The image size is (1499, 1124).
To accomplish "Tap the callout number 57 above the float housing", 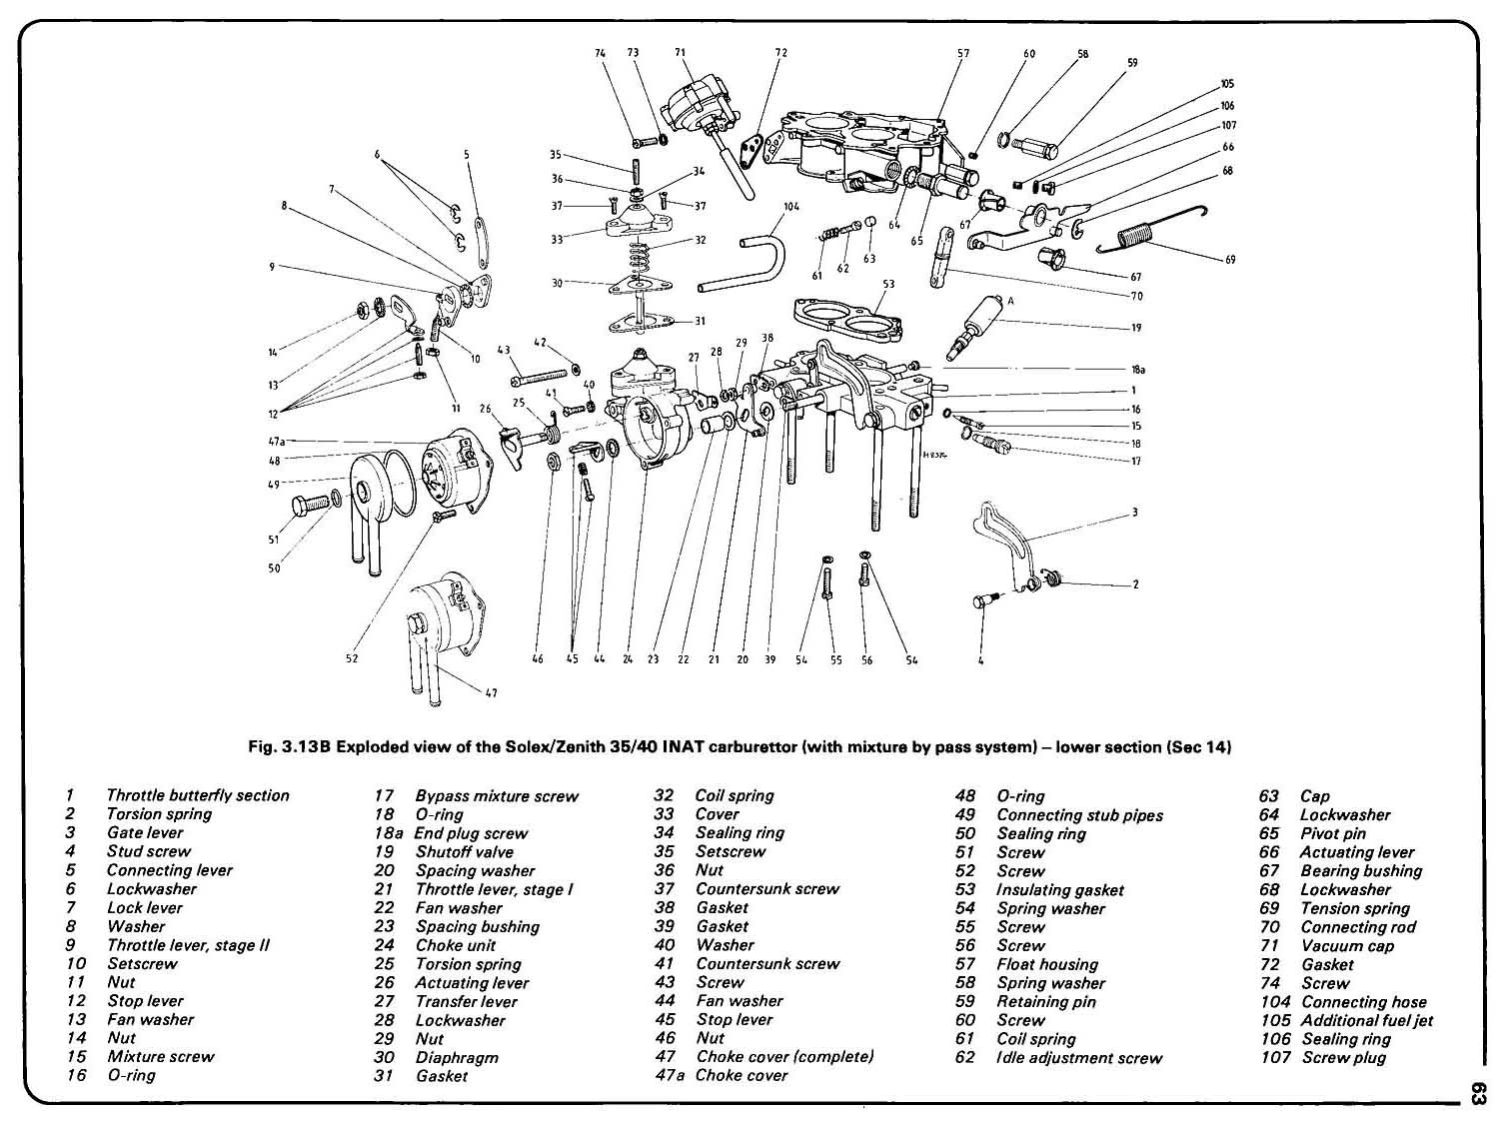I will coord(963,53).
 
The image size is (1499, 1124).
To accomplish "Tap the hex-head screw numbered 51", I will coord(306,506).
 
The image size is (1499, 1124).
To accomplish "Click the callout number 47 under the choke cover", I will coord(491,692).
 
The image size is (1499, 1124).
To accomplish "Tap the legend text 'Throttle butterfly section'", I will coord(198,795).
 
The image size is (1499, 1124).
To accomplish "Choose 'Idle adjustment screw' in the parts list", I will coord(1079,1057).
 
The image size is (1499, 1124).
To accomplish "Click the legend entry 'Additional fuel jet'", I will coord(1366,1020).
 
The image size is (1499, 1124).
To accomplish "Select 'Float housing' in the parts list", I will coord(1046,964).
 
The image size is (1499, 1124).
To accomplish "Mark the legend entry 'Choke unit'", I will coord(455,945).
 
